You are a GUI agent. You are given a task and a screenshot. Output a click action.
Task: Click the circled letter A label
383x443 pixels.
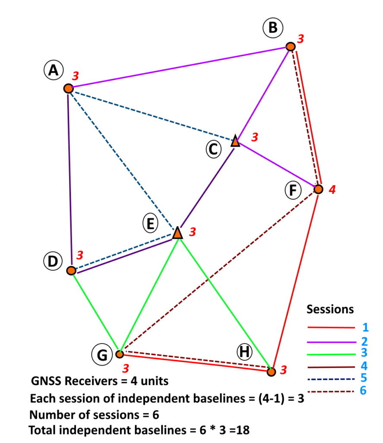click(x=53, y=70)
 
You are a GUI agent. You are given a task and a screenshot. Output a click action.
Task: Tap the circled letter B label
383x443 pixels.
click(x=273, y=29)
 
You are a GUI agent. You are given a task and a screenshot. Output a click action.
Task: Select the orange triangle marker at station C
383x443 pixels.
click(x=235, y=141)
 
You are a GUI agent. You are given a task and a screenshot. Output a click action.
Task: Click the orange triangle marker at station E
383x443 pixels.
click(x=177, y=233)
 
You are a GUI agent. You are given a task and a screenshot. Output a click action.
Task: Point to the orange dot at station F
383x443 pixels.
click(x=318, y=189)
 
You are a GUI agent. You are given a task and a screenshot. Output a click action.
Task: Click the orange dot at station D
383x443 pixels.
click(x=71, y=270)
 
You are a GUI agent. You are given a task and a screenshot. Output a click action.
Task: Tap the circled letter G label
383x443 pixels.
click(x=102, y=355)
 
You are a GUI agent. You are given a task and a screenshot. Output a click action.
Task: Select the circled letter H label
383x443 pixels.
click(x=245, y=353)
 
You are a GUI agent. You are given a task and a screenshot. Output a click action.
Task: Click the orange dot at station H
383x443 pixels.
click(x=271, y=372)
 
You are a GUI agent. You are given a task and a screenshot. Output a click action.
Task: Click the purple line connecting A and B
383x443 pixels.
click(x=179, y=67)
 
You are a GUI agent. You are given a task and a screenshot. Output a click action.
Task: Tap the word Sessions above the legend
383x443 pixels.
click(x=330, y=310)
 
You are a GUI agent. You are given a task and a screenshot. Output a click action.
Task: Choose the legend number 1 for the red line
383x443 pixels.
click(x=366, y=327)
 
